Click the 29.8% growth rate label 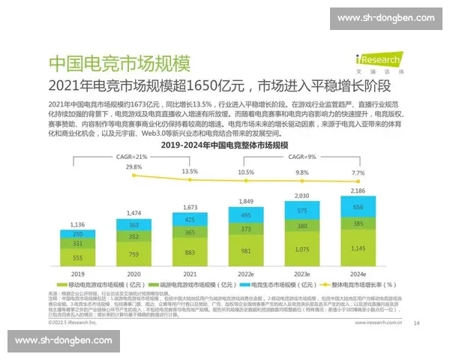pyautogui.click(x=134, y=166)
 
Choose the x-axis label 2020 pyautogui.click(x=134, y=274)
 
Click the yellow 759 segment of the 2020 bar pyautogui.click(x=134, y=253)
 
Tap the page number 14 pyautogui.click(x=416, y=303)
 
